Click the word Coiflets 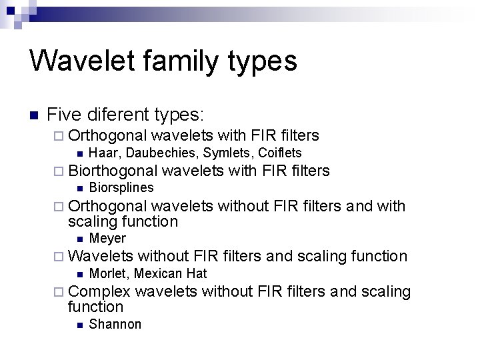(x=280, y=153)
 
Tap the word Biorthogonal (x=113, y=171)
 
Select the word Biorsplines (x=121, y=188)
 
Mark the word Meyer (x=107, y=239)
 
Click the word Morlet (x=108, y=273)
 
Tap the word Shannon (x=115, y=325)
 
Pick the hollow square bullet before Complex (x=61, y=292)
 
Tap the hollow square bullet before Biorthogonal (x=61, y=171)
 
